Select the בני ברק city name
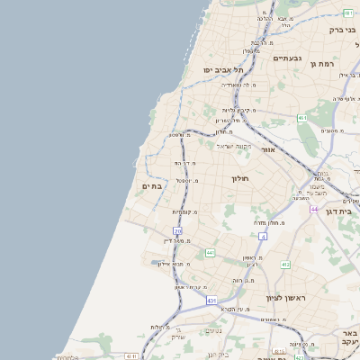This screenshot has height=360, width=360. point(342,30)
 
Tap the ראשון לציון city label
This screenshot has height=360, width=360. point(286,297)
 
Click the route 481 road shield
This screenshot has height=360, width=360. point(348,13)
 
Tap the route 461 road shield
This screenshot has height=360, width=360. point(302,118)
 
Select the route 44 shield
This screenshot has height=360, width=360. point(314,209)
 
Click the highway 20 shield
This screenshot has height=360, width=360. point(178,231)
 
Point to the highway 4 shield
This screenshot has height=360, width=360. point(264,236)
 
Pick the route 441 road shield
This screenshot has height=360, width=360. point(209,253)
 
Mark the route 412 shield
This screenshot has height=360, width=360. point(285,265)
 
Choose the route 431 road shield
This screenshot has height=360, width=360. point(211,300)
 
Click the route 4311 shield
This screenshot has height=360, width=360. point(131,356)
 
